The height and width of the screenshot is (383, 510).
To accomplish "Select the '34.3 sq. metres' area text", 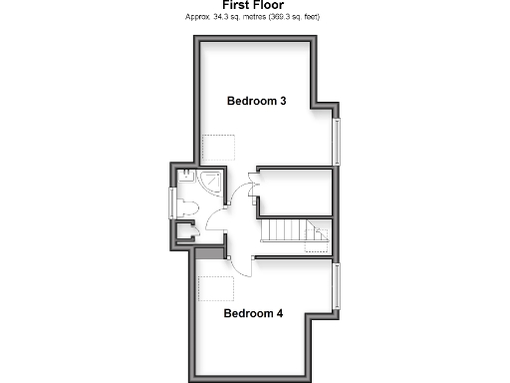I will [230, 18].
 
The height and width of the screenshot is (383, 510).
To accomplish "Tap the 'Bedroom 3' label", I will [257, 101].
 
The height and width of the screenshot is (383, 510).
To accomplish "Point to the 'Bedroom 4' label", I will [253, 313].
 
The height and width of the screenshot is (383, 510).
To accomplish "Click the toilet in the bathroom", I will [187, 206].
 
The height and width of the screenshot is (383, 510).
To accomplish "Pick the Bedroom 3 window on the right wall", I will [336, 142].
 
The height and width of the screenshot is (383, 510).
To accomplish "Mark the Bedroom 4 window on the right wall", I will [336, 286].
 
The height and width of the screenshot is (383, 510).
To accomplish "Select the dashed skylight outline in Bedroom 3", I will [217, 150].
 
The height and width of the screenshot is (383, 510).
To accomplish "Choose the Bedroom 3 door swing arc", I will [244, 190].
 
